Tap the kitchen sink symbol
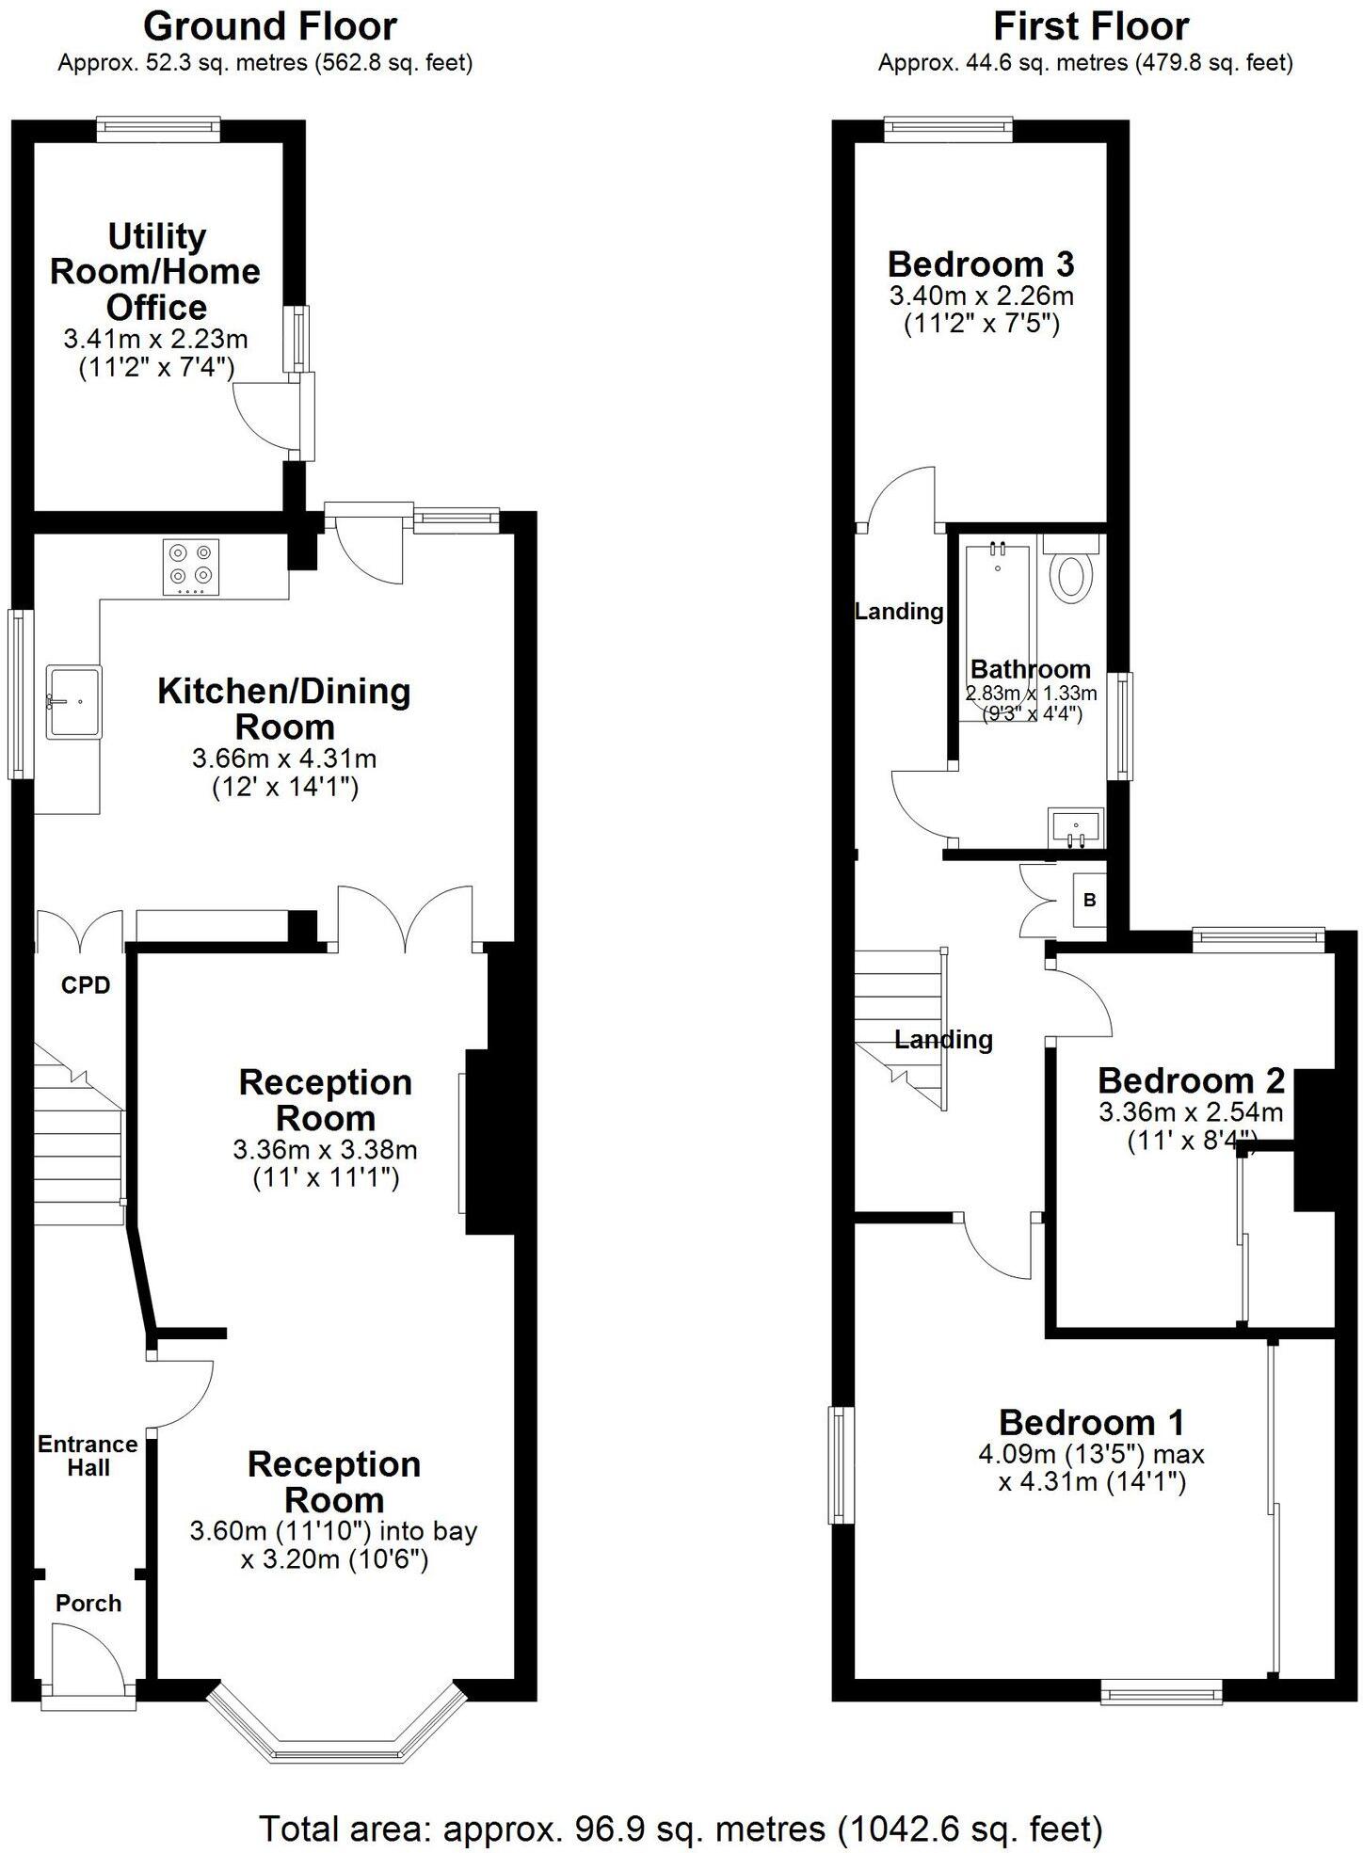coord(74,701)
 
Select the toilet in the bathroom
coord(1071,577)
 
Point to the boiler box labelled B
coord(1089,900)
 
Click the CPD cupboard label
coord(86,985)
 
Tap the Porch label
coord(88,1603)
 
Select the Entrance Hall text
coord(88,1456)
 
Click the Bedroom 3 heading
coord(981,263)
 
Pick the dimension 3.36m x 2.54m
coord(1191,1112)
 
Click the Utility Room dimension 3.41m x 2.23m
coord(155,338)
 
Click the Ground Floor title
coord(269,26)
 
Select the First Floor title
coord(1090,26)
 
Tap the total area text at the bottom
coord(681,1829)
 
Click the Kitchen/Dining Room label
coord(284,708)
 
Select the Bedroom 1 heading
coord(1091,1421)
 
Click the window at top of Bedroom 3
coord(948,129)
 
